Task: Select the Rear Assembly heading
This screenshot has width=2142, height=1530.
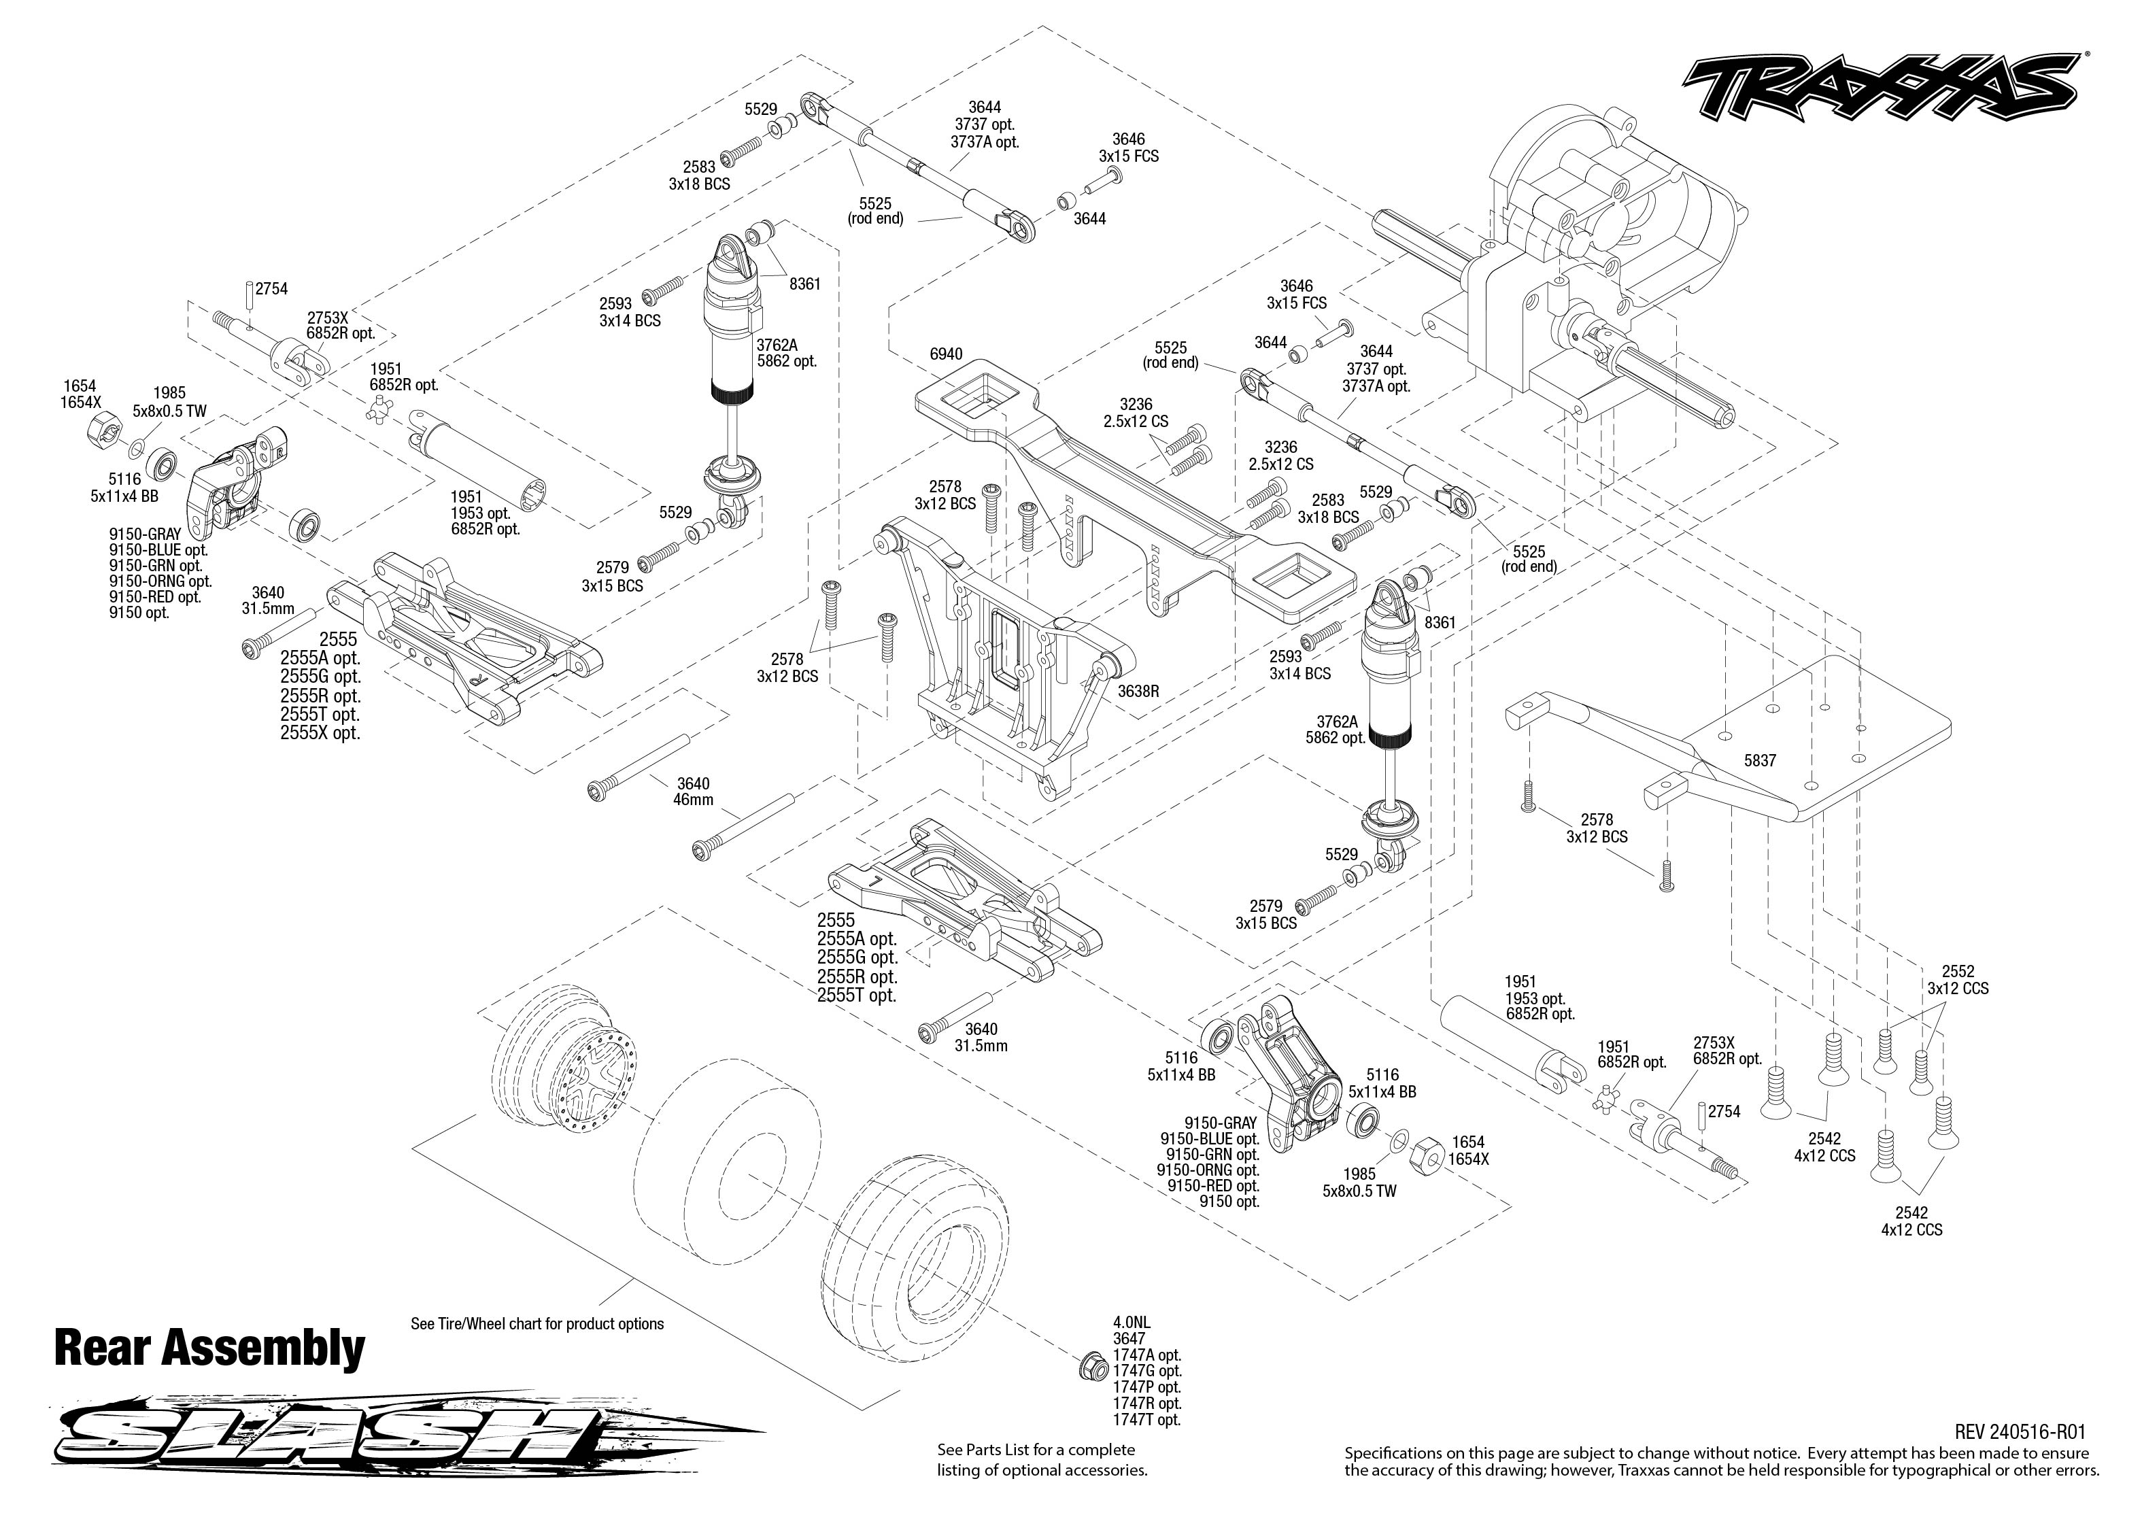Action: [209, 1348]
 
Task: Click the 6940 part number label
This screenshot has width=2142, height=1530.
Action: [946, 354]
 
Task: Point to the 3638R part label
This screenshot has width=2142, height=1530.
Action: [1138, 692]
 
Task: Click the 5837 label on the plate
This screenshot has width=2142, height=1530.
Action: [1760, 760]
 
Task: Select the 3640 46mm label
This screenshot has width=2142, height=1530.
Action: [694, 792]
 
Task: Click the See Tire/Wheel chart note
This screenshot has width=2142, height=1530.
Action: [537, 1324]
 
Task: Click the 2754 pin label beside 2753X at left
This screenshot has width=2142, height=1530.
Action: [271, 289]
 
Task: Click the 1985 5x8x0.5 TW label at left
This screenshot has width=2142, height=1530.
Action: [169, 403]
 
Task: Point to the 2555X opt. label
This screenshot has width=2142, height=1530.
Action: [320, 733]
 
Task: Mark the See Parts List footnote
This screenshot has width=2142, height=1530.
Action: [1042, 1459]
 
